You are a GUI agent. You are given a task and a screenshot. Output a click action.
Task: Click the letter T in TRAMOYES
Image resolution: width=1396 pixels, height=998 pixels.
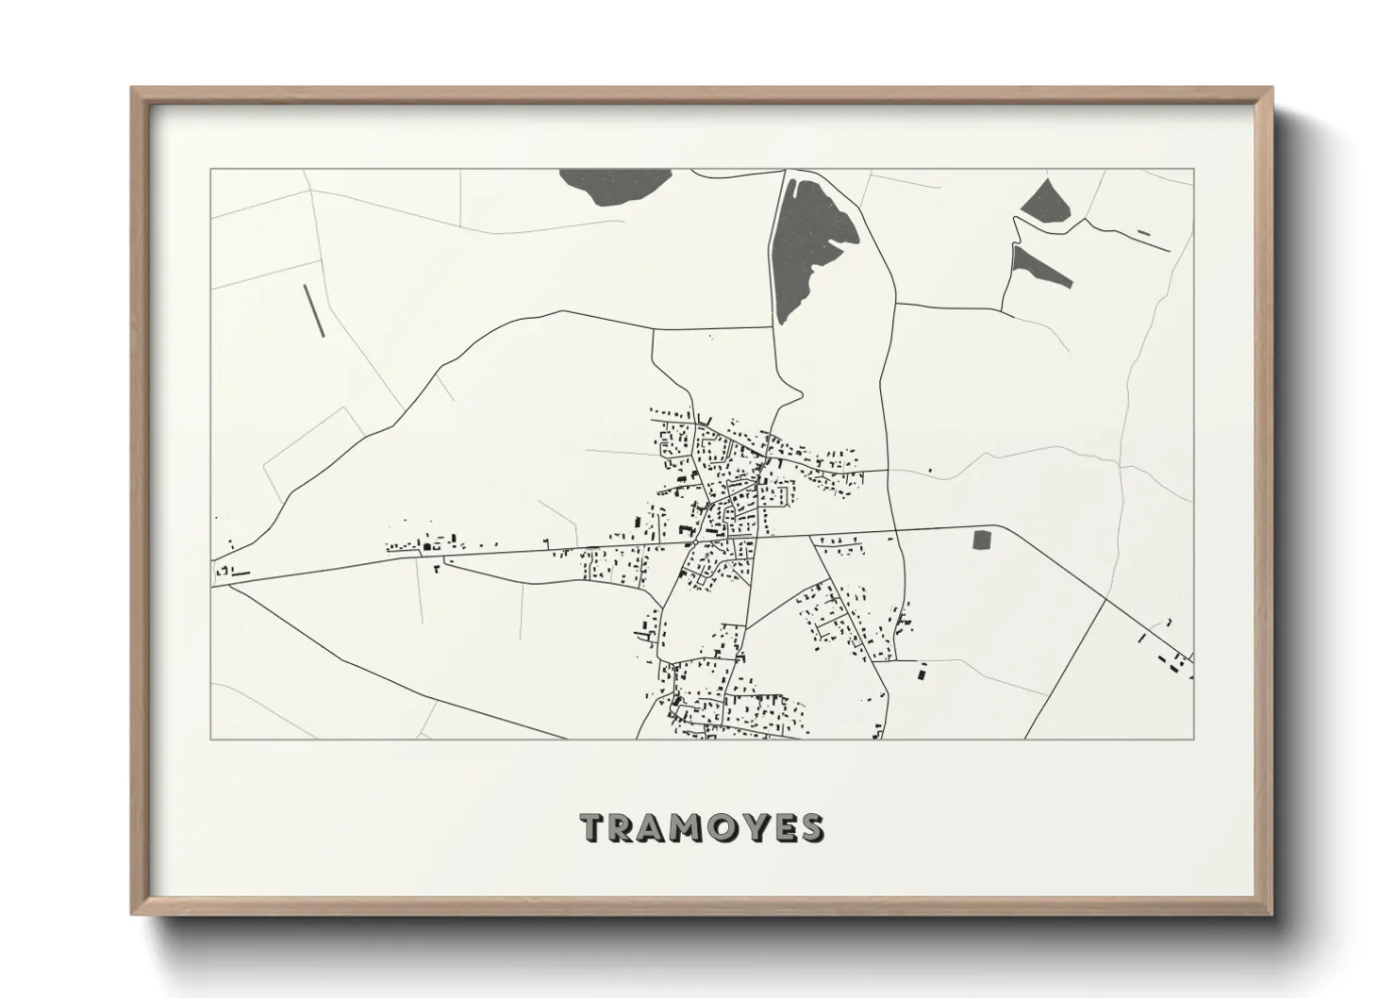pyautogui.click(x=595, y=827)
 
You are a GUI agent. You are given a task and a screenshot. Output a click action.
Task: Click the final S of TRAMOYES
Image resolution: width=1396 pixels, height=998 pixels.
pyautogui.click(x=809, y=827)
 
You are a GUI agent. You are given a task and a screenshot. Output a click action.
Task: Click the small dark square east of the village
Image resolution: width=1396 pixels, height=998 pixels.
pyautogui.click(x=983, y=541)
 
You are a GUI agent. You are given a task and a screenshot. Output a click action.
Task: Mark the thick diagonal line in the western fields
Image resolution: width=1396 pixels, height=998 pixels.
pyautogui.click(x=313, y=309)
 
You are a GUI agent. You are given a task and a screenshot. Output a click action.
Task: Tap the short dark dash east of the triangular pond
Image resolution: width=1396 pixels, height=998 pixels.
pyautogui.click(x=1145, y=232)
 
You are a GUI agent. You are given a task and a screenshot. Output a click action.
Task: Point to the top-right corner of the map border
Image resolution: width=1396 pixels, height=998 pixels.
pyautogui.click(x=1194, y=169)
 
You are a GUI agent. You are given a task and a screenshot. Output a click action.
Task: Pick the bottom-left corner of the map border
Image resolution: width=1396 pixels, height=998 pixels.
pyautogui.click(x=210, y=739)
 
